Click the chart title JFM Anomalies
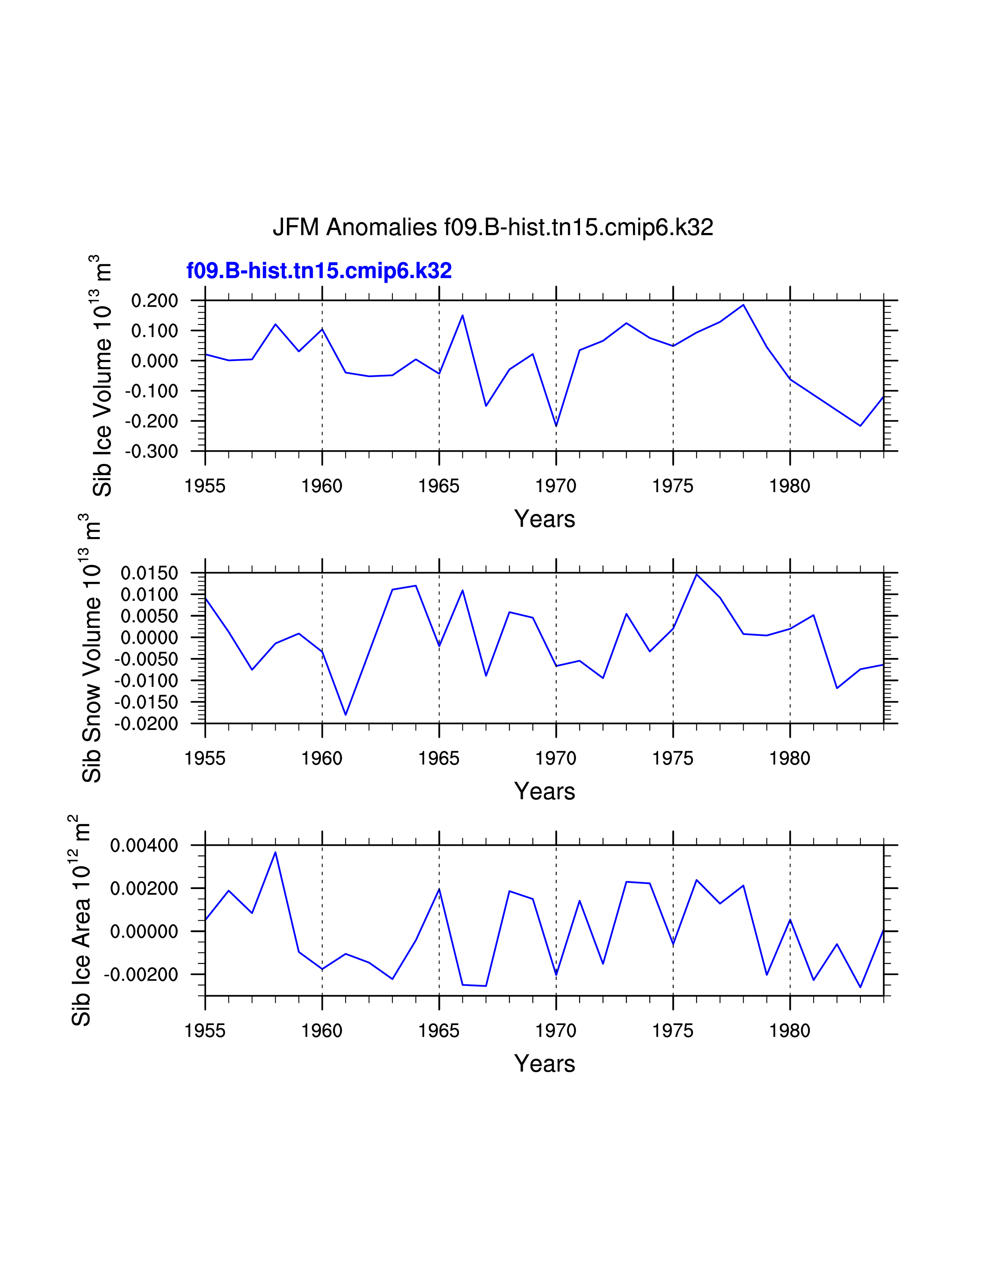point(492,227)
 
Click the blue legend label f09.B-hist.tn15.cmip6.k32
point(319,271)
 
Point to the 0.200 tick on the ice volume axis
point(154,301)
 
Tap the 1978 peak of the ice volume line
point(743,305)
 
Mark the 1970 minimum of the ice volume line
point(556,426)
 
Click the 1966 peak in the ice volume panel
point(462,315)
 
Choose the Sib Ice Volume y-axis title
point(102,376)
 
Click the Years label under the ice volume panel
point(544,519)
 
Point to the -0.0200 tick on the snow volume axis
point(146,724)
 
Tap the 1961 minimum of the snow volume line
point(346,714)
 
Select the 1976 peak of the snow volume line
point(696,575)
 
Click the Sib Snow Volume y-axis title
point(92,648)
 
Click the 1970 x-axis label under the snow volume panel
point(556,758)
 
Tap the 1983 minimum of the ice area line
point(860,987)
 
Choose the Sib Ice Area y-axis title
point(81,920)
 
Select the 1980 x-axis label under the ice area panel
point(790,1031)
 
